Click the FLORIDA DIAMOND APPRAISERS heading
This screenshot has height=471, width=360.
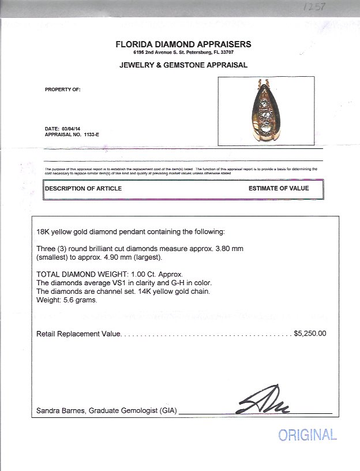183,44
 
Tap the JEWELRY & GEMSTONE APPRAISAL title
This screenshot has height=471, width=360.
183,65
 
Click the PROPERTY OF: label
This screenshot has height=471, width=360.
62,89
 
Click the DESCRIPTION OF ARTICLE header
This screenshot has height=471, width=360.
84,188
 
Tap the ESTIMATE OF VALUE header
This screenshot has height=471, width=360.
279,188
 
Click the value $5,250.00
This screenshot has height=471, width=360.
310,333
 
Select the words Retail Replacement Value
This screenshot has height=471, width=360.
78,334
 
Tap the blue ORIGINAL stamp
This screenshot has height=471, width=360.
307,435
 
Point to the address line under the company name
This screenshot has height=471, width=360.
183,53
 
